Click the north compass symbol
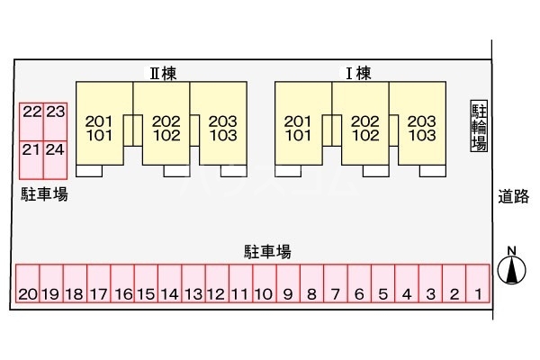click(511, 268)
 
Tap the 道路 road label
click(514, 196)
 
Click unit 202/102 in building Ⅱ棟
click(166, 128)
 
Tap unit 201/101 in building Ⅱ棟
click(100, 128)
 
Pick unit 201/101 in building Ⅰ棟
click(299, 128)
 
